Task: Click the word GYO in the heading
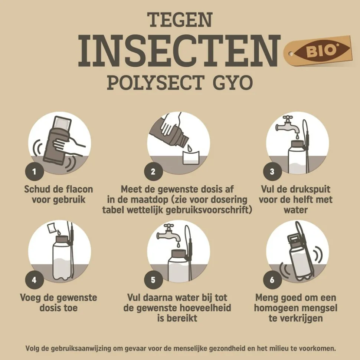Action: (x=233, y=82)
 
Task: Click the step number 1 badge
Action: (x=35, y=171)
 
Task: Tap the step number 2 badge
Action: (x=153, y=171)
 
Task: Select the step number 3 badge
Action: (x=272, y=171)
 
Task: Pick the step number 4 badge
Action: (x=35, y=280)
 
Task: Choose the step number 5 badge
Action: (x=153, y=280)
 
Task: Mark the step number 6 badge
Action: (x=272, y=280)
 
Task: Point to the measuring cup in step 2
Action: (x=190, y=157)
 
